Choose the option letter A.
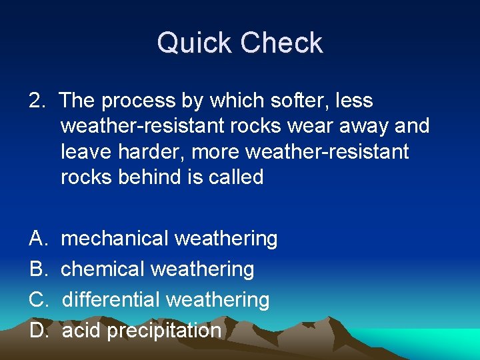pos(37,239)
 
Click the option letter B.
pos(37,269)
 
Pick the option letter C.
pos(37,300)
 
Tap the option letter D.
pos(37,331)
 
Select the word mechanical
pos(114,239)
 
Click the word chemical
pos(103,269)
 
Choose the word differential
pos(111,300)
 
